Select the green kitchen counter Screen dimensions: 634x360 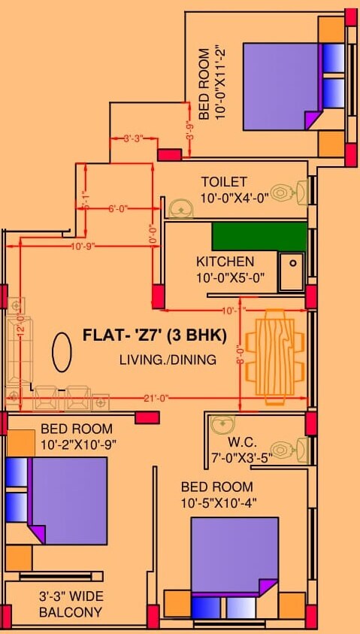pyautogui.click(x=259, y=236)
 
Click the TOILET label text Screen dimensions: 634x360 pyautogui.click(x=223, y=182)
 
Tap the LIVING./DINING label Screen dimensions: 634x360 pyautogui.click(x=168, y=359)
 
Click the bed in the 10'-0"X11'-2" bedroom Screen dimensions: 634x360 pyautogui.click(x=283, y=86)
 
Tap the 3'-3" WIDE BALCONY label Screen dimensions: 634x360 pyautogui.click(x=71, y=605)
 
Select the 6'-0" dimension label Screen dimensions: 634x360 pyautogui.click(x=119, y=209)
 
